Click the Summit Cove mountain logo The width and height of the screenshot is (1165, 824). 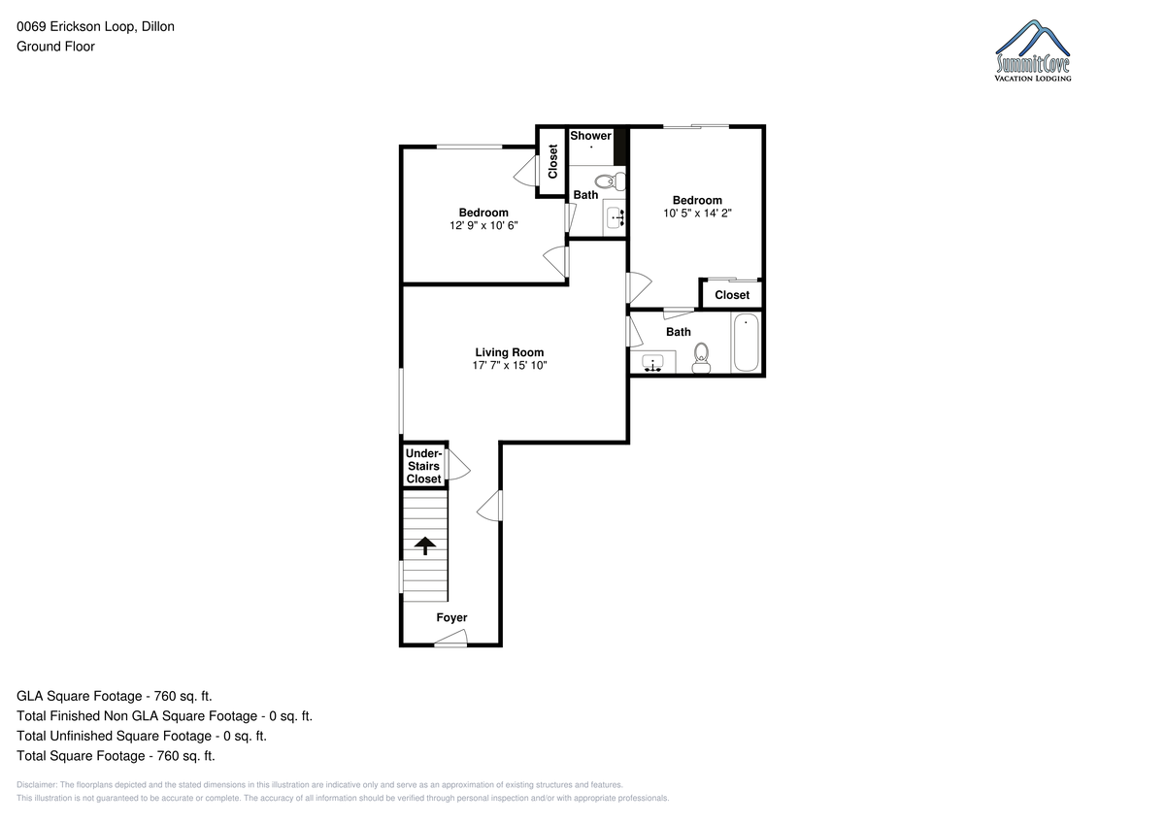coord(1032,50)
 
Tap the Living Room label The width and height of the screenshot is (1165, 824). coord(509,352)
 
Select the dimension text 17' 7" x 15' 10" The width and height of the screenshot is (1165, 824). coord(509,366)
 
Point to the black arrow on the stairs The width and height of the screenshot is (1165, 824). coord(425,545)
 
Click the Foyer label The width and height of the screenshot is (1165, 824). coord(451,617)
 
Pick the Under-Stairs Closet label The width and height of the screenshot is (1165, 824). coord(424,466)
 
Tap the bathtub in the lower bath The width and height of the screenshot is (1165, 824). coord(746,343)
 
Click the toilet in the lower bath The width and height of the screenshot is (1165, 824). coord(701,358)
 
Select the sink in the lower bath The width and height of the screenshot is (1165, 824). coord(652,362)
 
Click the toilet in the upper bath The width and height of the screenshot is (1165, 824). coord(610,181)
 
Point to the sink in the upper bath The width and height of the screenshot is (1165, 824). coord(616,216)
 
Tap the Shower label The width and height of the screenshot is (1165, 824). coord(590,136)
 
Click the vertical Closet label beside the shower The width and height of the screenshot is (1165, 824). coord(552,161)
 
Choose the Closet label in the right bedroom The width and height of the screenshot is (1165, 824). coord(732,295)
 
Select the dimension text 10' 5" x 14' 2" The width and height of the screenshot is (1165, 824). coord(697,214)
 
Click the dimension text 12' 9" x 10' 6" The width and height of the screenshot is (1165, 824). coord(483,225)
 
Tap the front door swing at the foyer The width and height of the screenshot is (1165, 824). coord(450,638)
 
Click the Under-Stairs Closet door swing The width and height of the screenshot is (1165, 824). coord(458,464)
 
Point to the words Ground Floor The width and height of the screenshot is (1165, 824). coord(55,47)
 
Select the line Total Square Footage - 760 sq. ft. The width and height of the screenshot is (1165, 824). coord(116,756)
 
